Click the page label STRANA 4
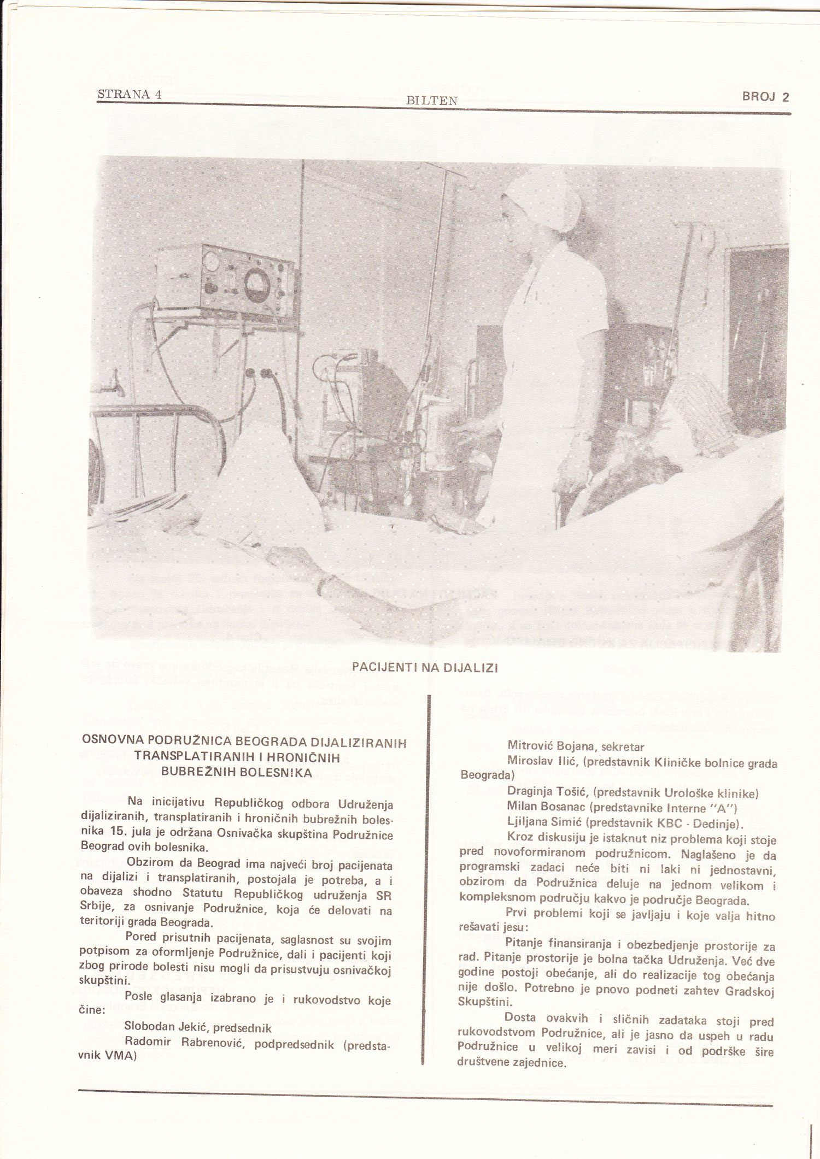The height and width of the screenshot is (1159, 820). click(x=130, y=93)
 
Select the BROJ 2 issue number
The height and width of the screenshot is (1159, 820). click(x=765, y=97)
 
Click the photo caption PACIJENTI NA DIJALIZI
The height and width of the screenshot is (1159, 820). click(x=425, y=668)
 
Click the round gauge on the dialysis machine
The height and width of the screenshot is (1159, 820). click(x=256, y=283)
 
